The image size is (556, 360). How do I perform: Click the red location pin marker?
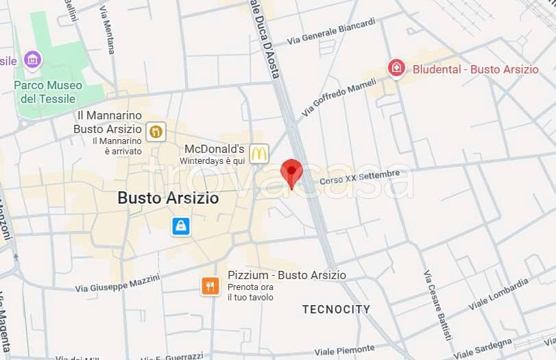pyautogui.click(x=291, y=171)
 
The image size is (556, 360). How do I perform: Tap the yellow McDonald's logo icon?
pyautogui.click(x=258, y=154)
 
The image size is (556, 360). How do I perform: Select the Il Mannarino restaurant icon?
pyautogui.click(x=156, y=131)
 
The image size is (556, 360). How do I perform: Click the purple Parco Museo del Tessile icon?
pyautogui.click(x=32, y=60)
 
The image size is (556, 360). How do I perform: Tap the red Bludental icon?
pyautogui.click(x=396, y=68)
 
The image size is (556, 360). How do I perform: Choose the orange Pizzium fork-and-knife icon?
pyautogui.click(x=210, y=286)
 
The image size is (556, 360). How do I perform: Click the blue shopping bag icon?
pyautogui.click(x=180, y=226)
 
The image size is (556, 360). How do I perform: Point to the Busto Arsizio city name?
pyautogui.click(x=168, y=198)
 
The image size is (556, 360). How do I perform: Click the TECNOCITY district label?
pyautogui.click(x=336, y=309)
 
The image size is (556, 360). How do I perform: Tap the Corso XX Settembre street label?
pyautogui.click(x=359, y=178)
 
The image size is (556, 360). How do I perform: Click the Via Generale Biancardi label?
pyautogui.click(x=331, y=32)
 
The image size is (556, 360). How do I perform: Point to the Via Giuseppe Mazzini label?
pyautogui.click(x=117, y=283)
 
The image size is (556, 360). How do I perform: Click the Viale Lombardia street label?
pyautogui.click(x=498, y=293)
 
